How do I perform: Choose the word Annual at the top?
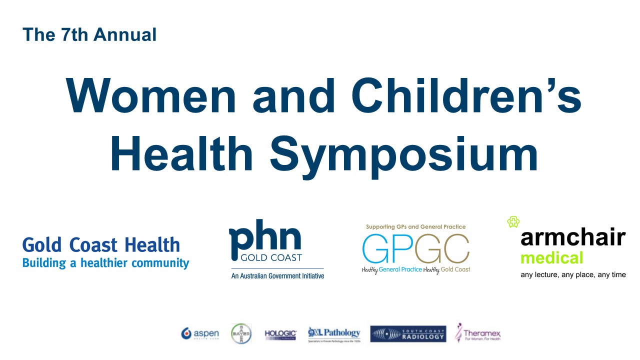point(125,35)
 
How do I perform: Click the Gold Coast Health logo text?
point(101,245)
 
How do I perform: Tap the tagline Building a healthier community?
point(105,262)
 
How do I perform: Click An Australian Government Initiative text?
point(277,275)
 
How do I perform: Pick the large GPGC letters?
point(416,248)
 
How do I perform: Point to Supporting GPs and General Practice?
point(416,226)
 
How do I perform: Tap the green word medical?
point(551,258)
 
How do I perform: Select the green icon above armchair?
point(513,221)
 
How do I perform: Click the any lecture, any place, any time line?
point(573,274)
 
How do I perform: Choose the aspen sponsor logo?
point(200,333)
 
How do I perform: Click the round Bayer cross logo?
point(241,333)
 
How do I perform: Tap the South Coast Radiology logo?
point(408,334)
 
